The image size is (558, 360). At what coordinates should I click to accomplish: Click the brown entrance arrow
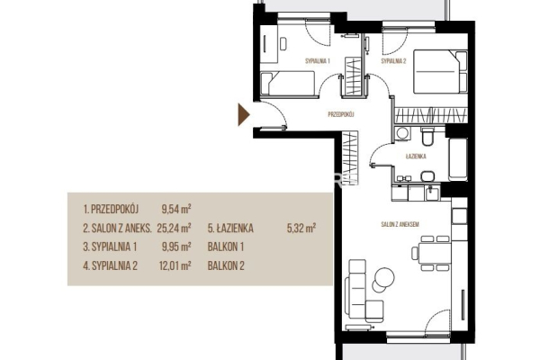coord(243,114)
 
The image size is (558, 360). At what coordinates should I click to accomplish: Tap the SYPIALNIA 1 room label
coord(318,61)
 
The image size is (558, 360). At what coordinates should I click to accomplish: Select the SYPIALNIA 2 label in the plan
coord(393,61)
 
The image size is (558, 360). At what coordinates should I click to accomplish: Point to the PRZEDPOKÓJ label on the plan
coord(341,114)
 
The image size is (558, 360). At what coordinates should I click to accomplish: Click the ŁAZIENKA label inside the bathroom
coord(416,157)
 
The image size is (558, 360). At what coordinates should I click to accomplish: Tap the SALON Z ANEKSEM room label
coord(400,224)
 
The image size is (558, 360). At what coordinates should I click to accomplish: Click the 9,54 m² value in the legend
coord(176,209)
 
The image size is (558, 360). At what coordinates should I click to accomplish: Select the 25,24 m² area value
coord(174,228)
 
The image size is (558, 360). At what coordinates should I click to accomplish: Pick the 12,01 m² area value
coord(175,265)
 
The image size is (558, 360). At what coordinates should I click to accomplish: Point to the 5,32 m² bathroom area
coord(301,228)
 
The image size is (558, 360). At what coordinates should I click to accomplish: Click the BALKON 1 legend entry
coord(226,247)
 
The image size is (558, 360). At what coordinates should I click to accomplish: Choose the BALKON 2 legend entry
coord(226,265)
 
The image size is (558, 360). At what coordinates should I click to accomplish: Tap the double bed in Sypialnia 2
coord(440,72)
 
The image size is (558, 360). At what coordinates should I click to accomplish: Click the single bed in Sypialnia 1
coord(288,84)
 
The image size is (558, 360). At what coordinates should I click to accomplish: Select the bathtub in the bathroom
coord(458,159)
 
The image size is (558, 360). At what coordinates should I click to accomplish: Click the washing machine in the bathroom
coord(402,134)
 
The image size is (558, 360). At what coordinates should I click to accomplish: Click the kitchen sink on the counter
coord(433,193)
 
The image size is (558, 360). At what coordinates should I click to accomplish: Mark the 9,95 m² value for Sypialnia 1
coord(176,247)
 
